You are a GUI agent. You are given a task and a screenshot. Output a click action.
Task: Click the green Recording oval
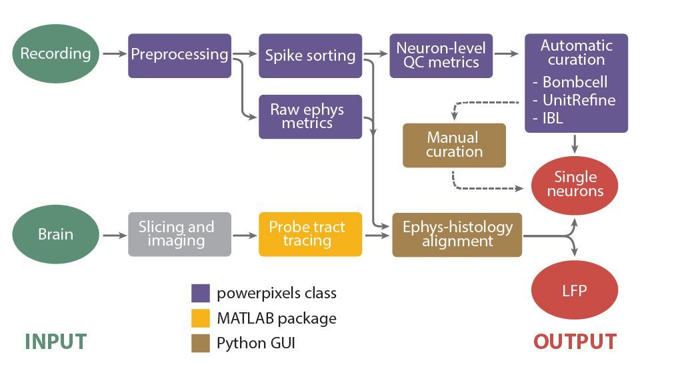(56, 54)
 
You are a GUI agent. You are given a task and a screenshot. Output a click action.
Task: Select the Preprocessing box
(179, 55)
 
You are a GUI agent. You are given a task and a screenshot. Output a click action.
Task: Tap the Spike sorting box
(310, 55)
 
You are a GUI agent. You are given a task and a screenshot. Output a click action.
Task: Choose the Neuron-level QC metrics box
(441, 55)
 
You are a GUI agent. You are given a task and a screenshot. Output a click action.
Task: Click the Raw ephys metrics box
(310, 116)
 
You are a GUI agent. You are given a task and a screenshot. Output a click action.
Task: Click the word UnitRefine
(579, 100)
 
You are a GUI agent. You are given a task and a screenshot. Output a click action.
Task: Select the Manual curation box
(454, 145)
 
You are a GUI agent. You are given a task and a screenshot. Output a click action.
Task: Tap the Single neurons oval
(575, 184)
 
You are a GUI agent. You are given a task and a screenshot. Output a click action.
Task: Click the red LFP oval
(575, 291)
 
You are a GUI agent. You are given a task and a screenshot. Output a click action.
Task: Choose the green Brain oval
(56, 234)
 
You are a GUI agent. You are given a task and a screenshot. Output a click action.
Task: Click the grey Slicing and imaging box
(179, 234)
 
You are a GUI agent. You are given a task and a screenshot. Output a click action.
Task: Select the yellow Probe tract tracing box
(310, 234)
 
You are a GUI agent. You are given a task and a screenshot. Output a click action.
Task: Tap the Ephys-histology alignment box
(457, 234)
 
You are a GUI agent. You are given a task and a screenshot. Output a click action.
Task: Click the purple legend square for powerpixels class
(201, 293)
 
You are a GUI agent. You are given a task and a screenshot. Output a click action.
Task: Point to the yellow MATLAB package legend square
(201, 318)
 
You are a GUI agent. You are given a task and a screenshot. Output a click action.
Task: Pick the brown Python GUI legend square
(201, 344)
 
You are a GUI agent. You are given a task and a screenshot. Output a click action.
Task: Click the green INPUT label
(55, 342)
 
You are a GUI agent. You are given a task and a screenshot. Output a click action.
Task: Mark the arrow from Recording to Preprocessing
(114, 54)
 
